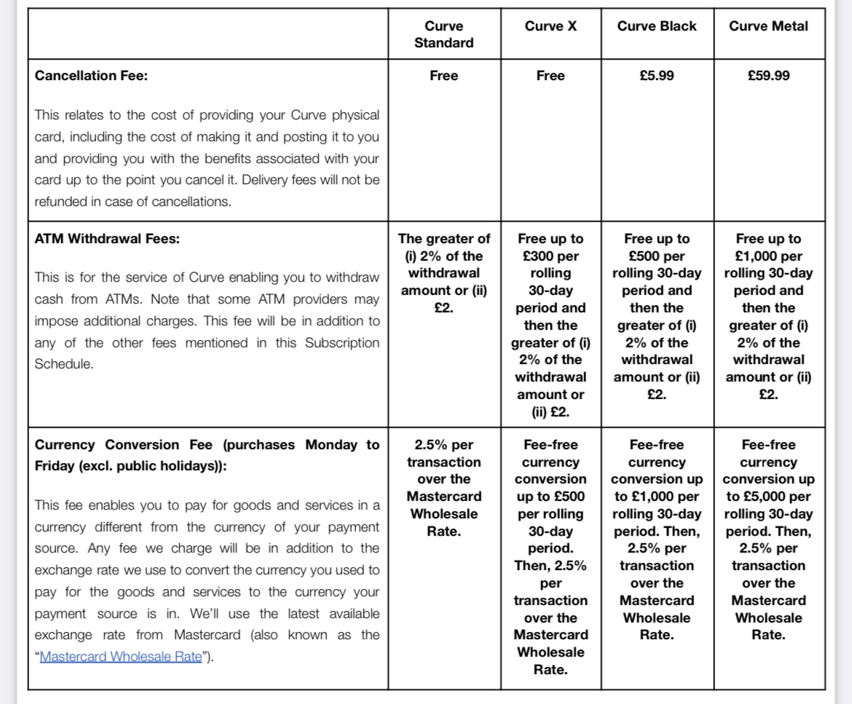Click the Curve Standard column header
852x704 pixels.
443,34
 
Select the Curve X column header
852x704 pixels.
551,26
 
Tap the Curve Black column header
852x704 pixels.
657,26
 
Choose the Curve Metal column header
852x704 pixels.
768,26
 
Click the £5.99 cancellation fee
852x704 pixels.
657,76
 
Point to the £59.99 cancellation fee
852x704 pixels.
768,76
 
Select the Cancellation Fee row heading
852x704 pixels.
91,76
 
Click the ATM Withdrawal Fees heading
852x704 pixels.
107,238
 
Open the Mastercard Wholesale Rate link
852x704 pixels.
119,657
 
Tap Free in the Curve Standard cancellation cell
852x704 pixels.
443,76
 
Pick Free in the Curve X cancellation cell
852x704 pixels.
551,76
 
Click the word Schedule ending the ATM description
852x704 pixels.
63,364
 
